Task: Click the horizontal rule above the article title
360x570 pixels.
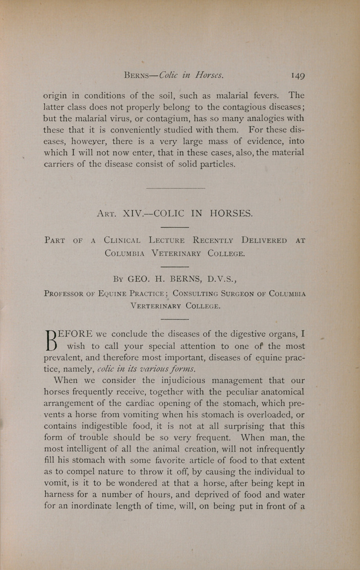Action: click(x=176, y=188)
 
